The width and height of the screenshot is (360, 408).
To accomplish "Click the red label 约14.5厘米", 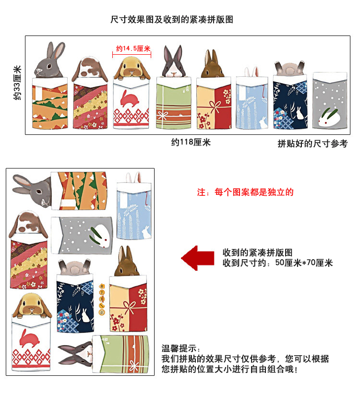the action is click(133, 48).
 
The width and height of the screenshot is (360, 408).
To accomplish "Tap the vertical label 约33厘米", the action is click(17, 83).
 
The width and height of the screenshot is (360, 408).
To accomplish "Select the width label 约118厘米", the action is click(191, 142).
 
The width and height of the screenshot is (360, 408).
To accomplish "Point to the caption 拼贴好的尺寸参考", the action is click(312, 144).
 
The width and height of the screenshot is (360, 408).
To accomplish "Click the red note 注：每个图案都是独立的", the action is click(245, 192).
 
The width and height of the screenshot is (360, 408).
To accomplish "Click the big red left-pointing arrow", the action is click(198, 258).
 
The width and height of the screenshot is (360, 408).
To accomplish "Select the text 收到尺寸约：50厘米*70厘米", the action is click(277, 263).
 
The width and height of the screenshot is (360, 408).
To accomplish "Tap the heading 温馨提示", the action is click(181, 348).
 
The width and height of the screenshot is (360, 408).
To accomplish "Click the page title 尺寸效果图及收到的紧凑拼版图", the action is click(172, 20).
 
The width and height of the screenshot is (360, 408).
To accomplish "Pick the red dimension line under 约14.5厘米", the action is click(132, 55).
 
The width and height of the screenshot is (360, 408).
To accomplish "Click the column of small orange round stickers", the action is click(102, 299).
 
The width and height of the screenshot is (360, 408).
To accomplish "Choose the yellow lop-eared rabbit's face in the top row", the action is click(132, 68).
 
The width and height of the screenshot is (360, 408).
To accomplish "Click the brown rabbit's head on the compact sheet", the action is click(127, 262).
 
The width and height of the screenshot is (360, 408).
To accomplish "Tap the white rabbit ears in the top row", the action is click(252, 72).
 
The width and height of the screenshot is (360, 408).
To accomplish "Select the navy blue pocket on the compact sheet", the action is click(75, 303).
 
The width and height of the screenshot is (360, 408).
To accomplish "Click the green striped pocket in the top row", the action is click(174, 103).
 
